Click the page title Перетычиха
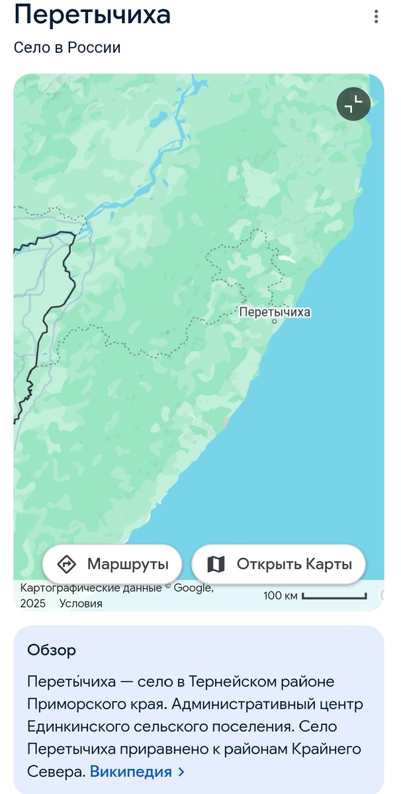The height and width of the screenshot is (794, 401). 92,15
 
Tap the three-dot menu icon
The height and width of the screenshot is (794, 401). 377,16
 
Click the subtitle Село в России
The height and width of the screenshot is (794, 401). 67,48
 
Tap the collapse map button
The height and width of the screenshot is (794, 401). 353,104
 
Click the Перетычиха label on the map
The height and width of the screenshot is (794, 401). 275,312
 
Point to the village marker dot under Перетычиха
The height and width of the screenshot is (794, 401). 275,322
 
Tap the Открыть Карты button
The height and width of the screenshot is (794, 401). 279,564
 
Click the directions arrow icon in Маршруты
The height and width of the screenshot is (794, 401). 67,564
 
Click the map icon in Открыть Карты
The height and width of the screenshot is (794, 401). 216,564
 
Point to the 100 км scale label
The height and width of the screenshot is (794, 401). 281,595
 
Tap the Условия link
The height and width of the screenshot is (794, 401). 81,603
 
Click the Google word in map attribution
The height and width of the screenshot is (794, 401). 193,588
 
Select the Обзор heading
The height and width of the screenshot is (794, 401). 52,650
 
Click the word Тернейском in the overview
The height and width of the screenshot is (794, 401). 230,682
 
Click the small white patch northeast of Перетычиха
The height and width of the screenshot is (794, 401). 287,259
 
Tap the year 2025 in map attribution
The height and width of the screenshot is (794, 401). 33,603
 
